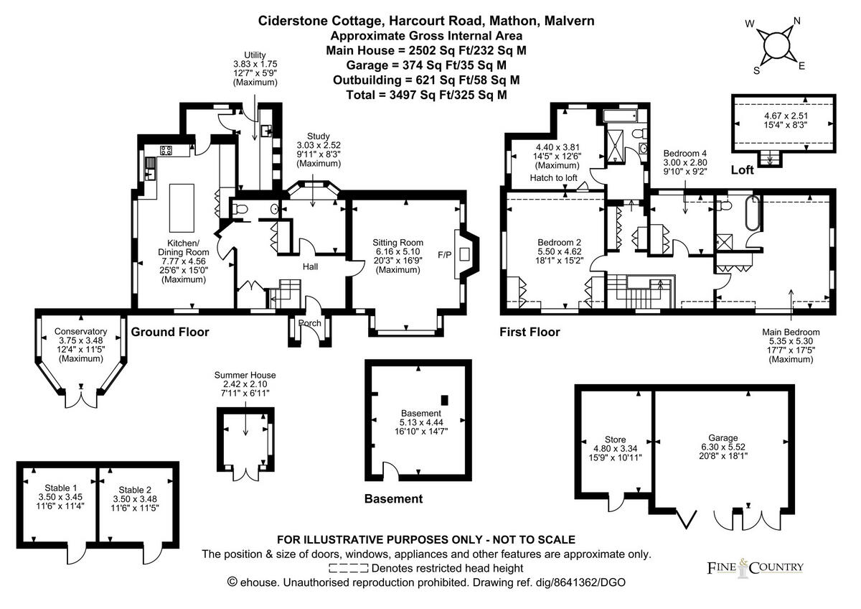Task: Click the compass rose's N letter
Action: click(x=796, y=22)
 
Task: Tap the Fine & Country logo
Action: click(x=751, y=567)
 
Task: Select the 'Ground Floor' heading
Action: click(x=170, y=332)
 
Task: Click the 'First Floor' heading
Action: click(x=530, y=332)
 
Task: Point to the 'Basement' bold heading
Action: click(x=393, y=498)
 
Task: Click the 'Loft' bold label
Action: click(x=743, y=171)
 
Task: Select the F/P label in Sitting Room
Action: click(x=445, y=254)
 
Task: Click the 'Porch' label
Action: click(x=309, y=323)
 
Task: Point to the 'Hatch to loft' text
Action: click(x=553, y=177)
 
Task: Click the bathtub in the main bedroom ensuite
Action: click(x=752, y=213)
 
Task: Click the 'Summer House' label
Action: click(x=245, y=375)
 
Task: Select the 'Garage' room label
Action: click(x=723, y=437)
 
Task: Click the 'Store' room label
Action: click(x=615, y=440)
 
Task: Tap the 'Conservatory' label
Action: click(x=80, y=332)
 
